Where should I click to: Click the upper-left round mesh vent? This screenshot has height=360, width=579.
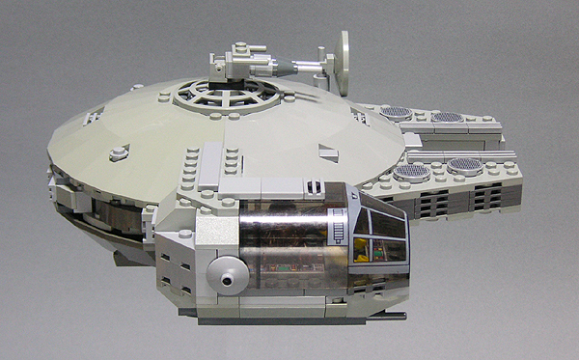coord(397,113)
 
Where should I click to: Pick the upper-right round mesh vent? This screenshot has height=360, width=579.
coord(447,118)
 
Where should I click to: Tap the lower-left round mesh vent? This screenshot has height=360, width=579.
coord(412,173)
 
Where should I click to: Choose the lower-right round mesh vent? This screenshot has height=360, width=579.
coord(465,166)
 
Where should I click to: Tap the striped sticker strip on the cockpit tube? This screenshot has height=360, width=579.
coord(339,232)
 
